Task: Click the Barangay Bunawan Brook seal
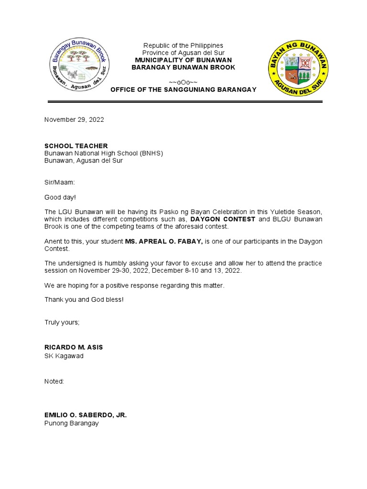tap(80, 66)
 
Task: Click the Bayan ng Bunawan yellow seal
tap(298, 67)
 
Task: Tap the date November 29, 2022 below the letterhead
tap(74, 120)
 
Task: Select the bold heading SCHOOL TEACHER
tap(76, 146)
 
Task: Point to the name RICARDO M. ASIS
tap(74, 347)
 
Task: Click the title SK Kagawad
tap(64, 356)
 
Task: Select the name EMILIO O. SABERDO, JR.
tap(86, 415)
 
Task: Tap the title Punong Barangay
tap(72, 424)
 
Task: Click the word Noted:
tap(54, 382)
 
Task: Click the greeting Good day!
tap(60, 197)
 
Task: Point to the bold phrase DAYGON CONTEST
tap(223, 219)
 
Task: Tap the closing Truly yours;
tap(62, 322)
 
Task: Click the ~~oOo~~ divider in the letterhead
tap(183, 82)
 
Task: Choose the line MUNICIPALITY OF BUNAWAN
tap(183, 60)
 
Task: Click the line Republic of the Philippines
tap(183, 45)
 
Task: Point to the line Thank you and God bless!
tap(84, 299)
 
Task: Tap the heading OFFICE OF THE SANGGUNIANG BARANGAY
tap(183, 90)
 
